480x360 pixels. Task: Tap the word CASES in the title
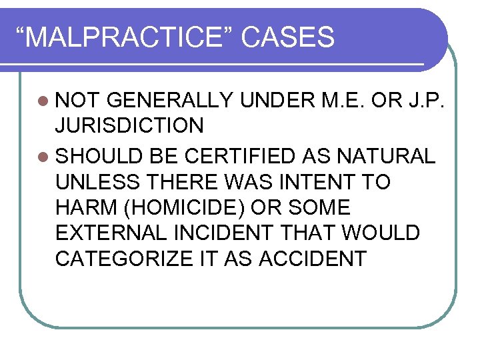tap(288, 38)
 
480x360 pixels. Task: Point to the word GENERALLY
tap(169, 101)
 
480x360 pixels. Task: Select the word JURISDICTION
tap(129, 126)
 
